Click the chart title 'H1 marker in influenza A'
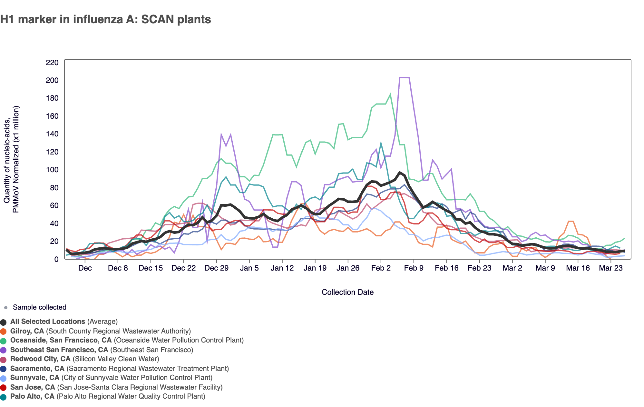pos(105,20)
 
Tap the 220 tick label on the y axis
pos(52,63)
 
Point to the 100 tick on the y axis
pos(52,170)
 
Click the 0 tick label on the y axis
pos(56,259)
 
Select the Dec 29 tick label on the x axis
pos(216,268)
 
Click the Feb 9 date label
pos(414,268)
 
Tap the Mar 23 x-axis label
pos(610,268)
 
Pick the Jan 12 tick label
pos(282,268)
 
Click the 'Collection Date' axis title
pos(347,292)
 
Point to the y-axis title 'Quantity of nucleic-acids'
pos(11,159)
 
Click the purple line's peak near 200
pos(404,77)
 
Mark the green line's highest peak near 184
pos(390,94)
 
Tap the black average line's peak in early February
pos(400,173)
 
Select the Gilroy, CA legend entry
pos(27,331)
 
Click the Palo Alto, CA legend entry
pos(32,396)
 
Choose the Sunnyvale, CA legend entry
pos(35,378)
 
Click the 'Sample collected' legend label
pos(39,307)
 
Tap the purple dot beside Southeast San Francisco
pos(4,350)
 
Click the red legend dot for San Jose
pos(4,388)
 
